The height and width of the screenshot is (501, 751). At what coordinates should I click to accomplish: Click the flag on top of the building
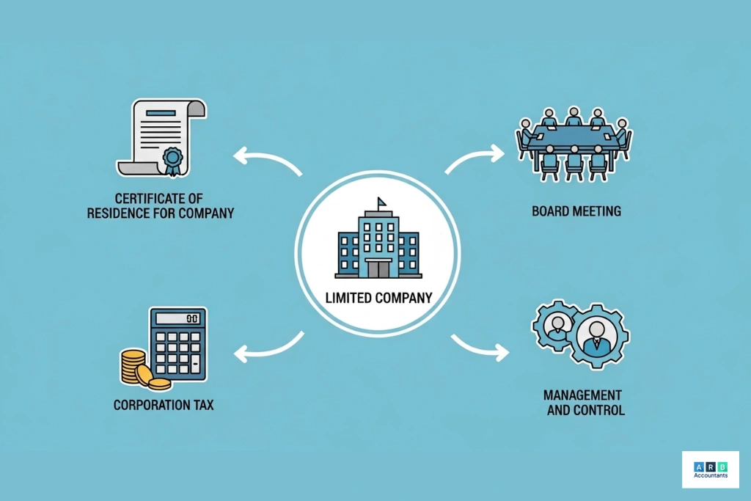click(x=382, y=202)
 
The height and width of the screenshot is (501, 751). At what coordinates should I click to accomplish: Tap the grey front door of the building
click(x=378, y=268)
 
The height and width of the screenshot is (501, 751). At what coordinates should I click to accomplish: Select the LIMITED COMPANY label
click(x=378, y=299)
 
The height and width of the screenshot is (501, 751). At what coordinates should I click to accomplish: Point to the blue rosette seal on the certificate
click(x=173, y=159)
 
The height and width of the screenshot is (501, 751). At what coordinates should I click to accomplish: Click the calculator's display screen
click(x=177, y=319)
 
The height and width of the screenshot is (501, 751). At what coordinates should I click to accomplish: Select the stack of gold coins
click(x=139, y=369)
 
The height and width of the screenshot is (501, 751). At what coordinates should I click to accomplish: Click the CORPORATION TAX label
click(x=164, y=404)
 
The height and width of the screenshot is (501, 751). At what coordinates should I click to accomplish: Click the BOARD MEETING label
click(x=576, y=211)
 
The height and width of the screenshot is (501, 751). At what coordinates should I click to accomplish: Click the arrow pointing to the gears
click(x=480, y=347)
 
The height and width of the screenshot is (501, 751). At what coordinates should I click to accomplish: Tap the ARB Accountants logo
click(x=710, y=469)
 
